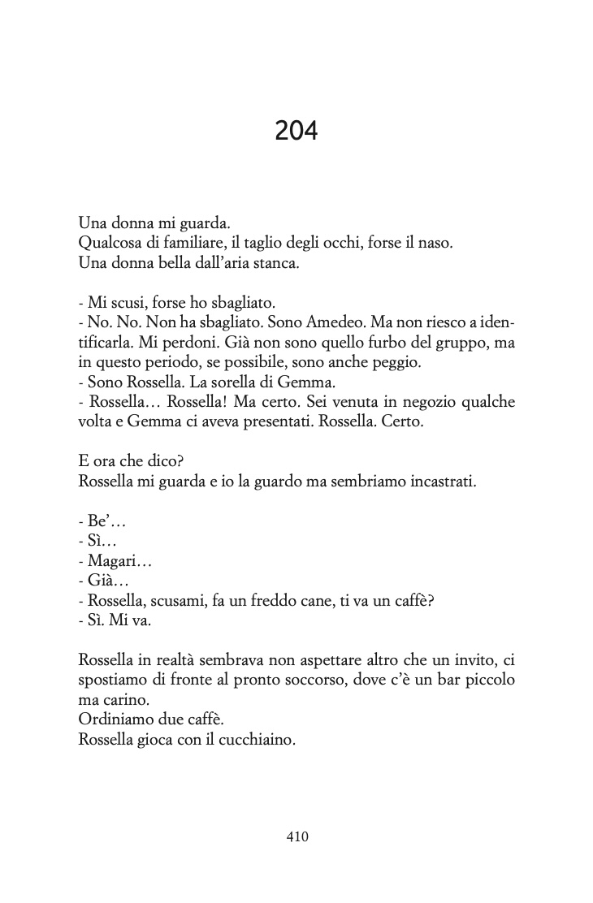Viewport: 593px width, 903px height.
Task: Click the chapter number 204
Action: pyautogui.click(x=296, y=130)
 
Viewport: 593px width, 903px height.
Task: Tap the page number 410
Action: pyautogui.click(x=296, y=836)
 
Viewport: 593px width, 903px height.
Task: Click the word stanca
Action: pyautogui.click(x=275, y=264)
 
